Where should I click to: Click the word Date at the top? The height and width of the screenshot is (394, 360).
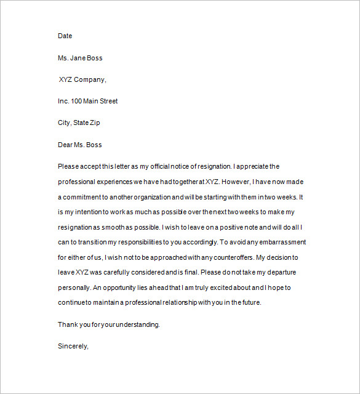65,36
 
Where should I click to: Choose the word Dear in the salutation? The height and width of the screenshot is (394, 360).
66,145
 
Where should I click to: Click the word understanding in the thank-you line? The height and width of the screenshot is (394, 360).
137,324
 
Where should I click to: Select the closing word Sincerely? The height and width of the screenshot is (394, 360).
73,346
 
